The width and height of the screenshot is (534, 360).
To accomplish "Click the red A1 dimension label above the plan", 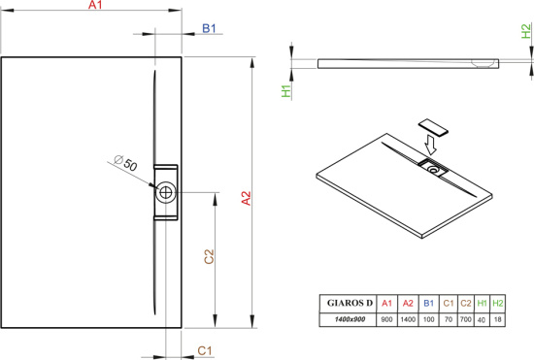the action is [95, 5].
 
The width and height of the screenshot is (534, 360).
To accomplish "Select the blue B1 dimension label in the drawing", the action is [209, 28].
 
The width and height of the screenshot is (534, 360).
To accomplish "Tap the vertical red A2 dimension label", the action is [246, 198].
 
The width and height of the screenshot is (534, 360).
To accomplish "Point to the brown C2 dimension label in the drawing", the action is [209, 256].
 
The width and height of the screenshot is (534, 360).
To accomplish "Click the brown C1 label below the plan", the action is [205, 350].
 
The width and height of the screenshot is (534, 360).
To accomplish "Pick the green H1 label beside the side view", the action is [286, 91].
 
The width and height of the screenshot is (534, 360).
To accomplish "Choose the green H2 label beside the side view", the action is [526, 31].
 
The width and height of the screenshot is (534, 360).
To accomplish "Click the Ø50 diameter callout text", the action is [125, 163].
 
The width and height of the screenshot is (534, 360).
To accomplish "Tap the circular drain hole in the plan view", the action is [166, 192].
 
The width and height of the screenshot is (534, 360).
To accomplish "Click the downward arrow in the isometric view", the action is [430, 145].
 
